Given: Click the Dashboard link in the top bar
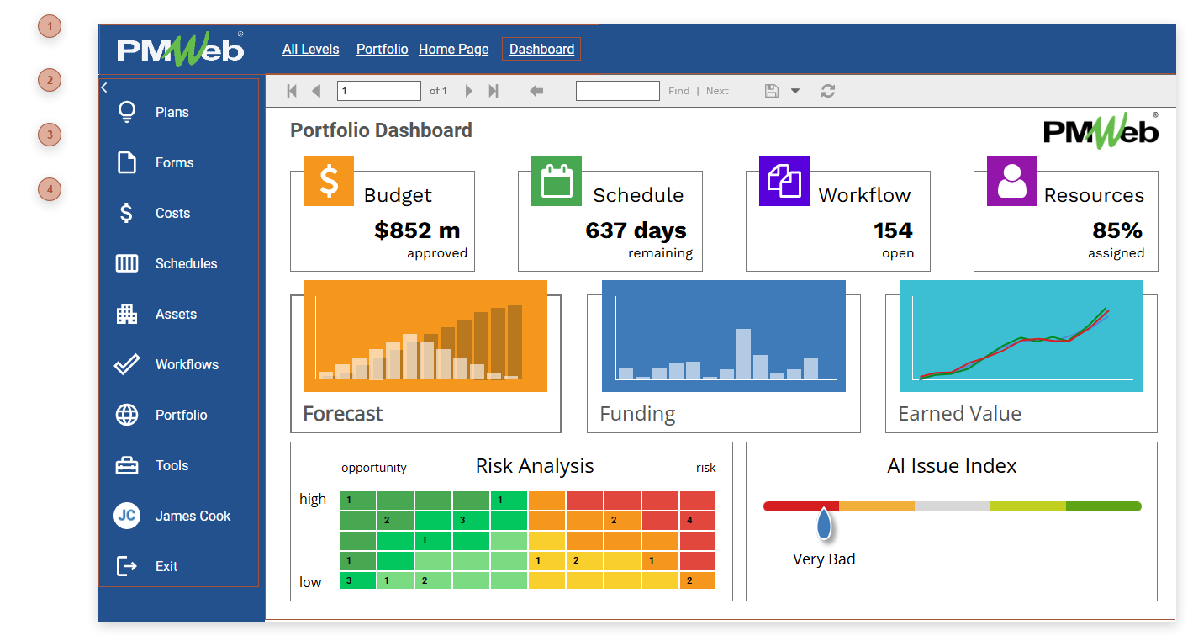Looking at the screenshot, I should [541, 49].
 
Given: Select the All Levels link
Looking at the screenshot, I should [310, 49].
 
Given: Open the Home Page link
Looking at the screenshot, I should [453, 49].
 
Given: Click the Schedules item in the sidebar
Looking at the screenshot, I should [185, 263].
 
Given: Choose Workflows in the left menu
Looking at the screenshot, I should [186, 364].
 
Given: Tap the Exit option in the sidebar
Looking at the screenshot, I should [166, 566].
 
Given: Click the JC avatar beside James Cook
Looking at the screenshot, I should [127, 516].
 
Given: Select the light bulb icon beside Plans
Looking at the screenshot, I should [127, 112].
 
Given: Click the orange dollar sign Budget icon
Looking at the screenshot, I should [329, 181].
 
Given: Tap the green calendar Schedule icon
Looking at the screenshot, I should [557, 181].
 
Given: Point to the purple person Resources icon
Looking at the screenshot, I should [1012, 181].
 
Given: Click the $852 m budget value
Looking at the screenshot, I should [417, 230].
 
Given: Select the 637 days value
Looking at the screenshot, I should [636, 230].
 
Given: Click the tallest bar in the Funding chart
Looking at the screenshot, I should [743, 354].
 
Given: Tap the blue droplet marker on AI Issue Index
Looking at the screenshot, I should [824, 523].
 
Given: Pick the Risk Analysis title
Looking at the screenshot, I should [535, 466].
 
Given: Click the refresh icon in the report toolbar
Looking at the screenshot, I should [828, 91].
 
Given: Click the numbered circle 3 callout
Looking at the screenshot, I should [50, 135].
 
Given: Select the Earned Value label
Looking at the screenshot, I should [959, 414].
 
